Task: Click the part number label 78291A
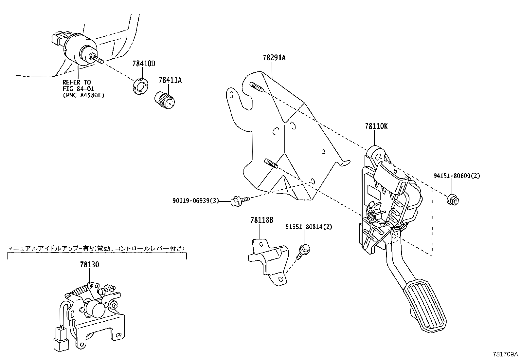tap(274, 58)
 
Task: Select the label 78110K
tap(376, 126)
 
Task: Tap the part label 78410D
tap(144, 64)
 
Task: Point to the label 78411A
tap(170, 80)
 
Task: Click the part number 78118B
tap(261, 220)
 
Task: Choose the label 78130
tap(89, 265)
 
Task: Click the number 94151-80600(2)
tap(457, 176)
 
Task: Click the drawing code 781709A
tap(506, 354)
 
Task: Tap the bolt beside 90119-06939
tap(239, 200)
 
